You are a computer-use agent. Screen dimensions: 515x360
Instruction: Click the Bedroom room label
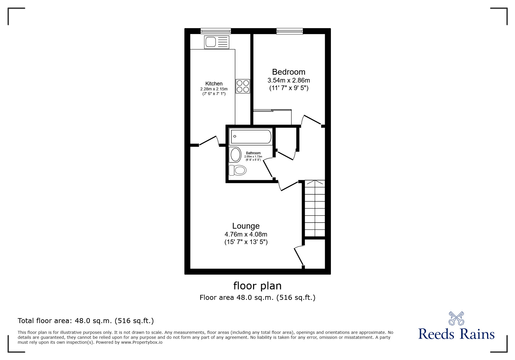point(288,72)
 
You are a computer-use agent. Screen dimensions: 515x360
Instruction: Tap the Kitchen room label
point(214,84)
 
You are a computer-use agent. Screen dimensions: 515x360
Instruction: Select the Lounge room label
point(246,226)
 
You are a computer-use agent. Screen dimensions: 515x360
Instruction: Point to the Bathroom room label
point(253,153)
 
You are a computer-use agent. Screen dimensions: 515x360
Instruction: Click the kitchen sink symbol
point(217,42)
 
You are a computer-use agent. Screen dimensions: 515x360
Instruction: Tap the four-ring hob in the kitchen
point(243,86)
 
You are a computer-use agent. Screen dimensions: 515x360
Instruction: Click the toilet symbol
point(237,170)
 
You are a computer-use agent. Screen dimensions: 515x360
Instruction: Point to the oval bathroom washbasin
point(235,154)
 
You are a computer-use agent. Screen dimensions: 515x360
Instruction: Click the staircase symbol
point(314,208)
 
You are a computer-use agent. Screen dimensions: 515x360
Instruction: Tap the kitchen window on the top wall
point(216,31)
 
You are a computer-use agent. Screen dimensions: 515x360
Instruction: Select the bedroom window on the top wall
point(289,31)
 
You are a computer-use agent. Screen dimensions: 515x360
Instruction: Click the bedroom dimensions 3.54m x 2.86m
point(288,80)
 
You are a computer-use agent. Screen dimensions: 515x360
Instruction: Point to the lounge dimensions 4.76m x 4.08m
point(246,234)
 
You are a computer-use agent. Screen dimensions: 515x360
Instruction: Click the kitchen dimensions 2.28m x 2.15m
point(214,89)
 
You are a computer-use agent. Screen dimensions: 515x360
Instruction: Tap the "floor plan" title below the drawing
point(257,286)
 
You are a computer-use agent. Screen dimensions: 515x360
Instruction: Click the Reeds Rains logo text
point(456,334)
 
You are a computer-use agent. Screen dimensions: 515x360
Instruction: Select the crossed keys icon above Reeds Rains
point(456,318)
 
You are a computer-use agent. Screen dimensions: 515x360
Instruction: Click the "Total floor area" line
point(86,321)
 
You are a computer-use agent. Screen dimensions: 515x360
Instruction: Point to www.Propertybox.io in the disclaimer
point(142,342)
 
